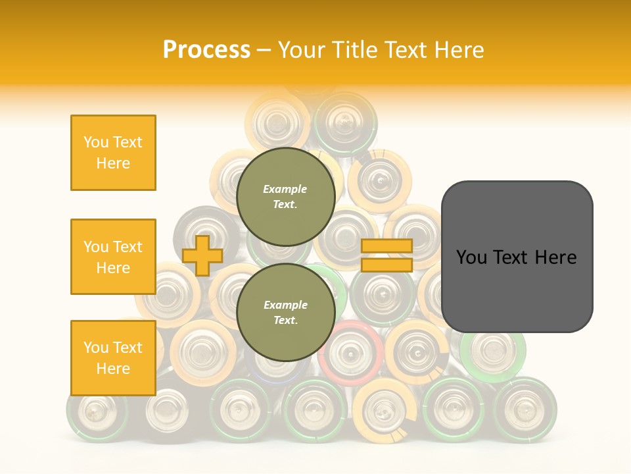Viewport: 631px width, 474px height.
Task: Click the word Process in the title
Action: [x=206, y=50]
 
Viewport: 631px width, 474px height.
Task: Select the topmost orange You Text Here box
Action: [x=113, y=153]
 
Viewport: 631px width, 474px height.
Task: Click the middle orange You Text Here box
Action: [x=113, y=257]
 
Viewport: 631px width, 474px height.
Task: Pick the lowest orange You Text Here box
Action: [x=113, y=357]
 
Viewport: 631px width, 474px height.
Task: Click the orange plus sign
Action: [x=202, y=255]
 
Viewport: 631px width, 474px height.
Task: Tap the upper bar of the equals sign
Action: [x=386, y=246]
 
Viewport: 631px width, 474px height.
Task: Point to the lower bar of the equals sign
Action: [x=386, y=265]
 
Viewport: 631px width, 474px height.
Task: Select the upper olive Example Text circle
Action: [x=285, y=196]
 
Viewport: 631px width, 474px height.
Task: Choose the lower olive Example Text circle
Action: [x=285, y=312]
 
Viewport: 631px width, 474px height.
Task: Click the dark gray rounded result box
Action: [x=517, y=257]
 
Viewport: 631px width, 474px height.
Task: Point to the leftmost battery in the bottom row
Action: [x=97, y=409]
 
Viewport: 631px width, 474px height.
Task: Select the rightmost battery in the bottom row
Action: [x=525, y=408]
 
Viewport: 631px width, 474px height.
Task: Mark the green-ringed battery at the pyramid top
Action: [x=344, y=122]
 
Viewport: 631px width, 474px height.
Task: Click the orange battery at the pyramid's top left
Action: [x=276, y=122]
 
